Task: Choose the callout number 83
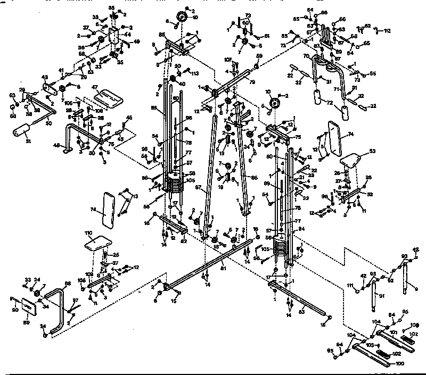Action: [x=303, y=309]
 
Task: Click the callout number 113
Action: [x=195, y=73]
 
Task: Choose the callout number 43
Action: [x=44, y=78]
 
